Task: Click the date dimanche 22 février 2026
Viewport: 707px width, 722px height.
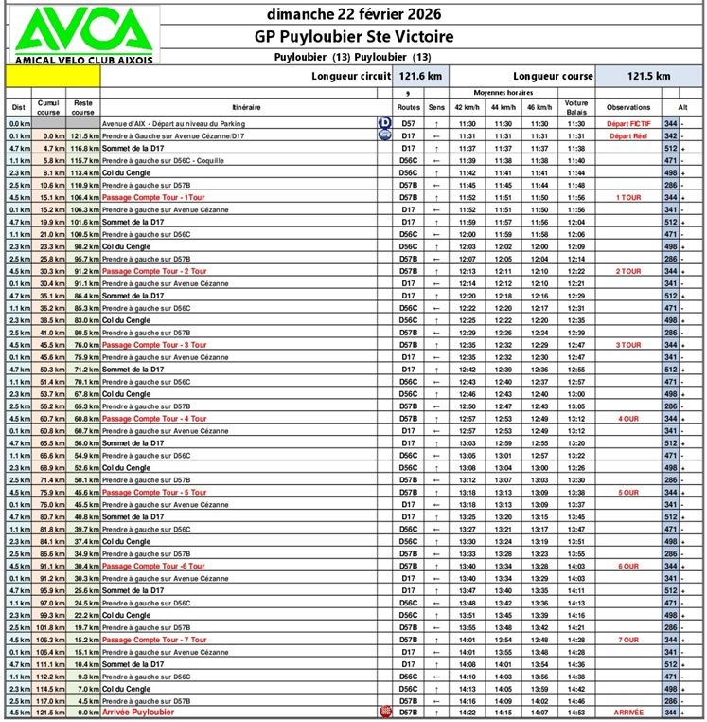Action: (x=354, y=14)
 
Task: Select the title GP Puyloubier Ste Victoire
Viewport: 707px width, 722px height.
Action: (x=354, y=37)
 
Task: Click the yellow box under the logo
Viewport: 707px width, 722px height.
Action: (x=53, y=76)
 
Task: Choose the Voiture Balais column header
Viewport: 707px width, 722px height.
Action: (x=576, y=106)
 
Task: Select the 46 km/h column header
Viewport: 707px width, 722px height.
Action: (x=539, y=107)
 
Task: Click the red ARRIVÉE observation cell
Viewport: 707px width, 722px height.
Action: (x=628, y=712)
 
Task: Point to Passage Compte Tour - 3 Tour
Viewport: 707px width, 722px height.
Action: (x=154, y=345)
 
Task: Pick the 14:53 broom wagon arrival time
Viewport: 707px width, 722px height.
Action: (x=576, y=712)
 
